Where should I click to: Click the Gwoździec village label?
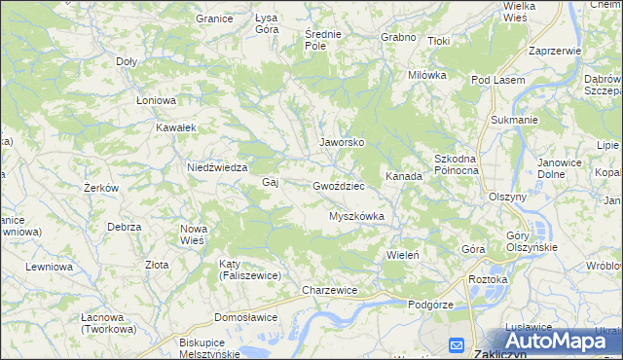pyautogui.click(x=339, y=185)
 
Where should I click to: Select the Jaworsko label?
pyautogui.click(x=342, y=142)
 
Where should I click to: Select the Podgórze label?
pyautogui.click(x=431, y=305)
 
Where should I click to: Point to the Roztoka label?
pyautogui.click(x=488, y=279)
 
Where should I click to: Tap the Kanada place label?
pyautogui.click(x=403, y=177)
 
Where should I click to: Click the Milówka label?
pyautogui.click(x=426, y=75)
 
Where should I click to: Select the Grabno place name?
pyautogui.click(x=399, y=38)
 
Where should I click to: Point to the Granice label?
pyautogui.click(x=214, y=18)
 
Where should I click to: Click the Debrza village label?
pyautogui.click(x=125, y=227)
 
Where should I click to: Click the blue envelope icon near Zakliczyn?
pyautogui.click(x=457, y=344)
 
